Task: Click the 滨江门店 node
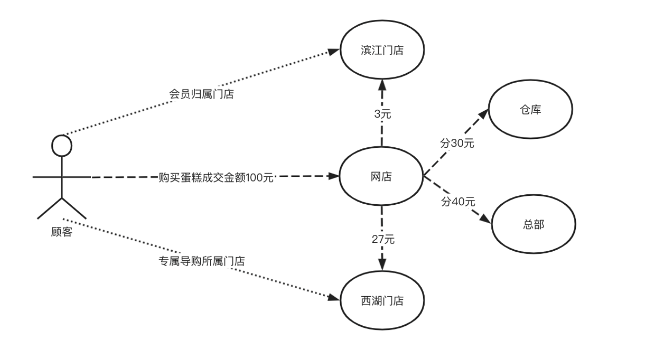pos(381,50)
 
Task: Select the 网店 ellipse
pos(381,176)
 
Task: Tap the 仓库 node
pos(530,110)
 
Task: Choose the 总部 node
pos(533,224)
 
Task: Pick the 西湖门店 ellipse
pos(381,300)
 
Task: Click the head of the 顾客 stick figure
pos(62,145)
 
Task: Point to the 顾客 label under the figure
pos(62,231)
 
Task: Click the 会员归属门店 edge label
pos(201,94)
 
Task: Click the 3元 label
pos(382,114)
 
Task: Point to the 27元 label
pos(383,239)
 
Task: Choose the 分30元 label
pos(457,143)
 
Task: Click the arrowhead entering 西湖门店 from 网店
pos(382,266)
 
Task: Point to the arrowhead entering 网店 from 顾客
pos(332,176)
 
